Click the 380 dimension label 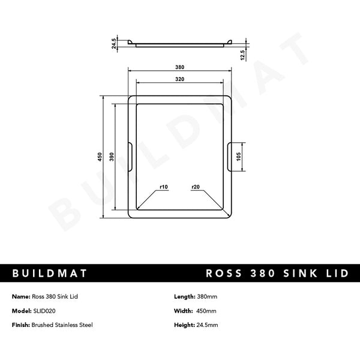coord(180,68)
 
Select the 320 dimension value coord(180,79)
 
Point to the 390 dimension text coord(112,157)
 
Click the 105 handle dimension coord(239,157)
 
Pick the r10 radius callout coord(163,187)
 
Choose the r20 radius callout coord(196,187)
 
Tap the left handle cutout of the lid coord(130,157)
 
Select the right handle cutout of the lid coord(230,157)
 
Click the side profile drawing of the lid coord(180,44)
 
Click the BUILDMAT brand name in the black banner coord(50,274)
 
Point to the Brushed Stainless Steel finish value coord(62,325)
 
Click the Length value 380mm coord(208,297)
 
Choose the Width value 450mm coord(207,311)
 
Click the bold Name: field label coord(20,297)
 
